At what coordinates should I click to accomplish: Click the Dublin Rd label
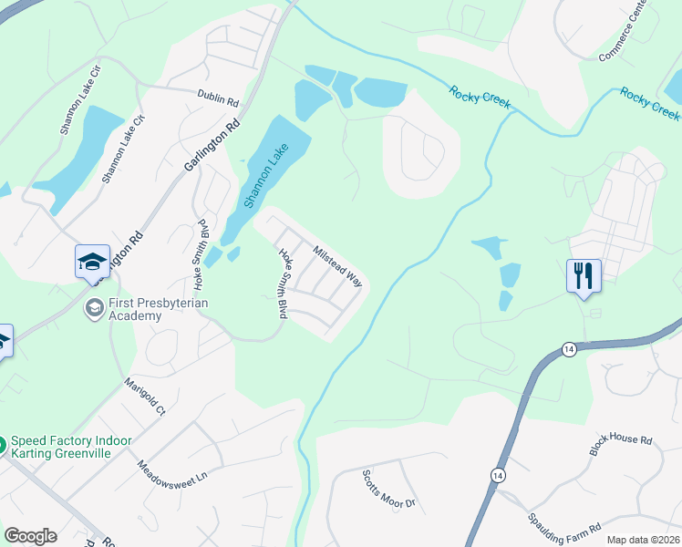click(x=217, y=94)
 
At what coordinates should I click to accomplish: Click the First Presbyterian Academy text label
click(x=135, y=309)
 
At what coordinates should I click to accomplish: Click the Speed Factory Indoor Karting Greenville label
click(x=71, y=448)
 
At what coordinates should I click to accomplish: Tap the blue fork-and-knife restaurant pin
click(x=584, y=275)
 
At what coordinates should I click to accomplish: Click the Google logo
click(x=30, y=536)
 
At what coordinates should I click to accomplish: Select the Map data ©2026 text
click(x=643, y=540)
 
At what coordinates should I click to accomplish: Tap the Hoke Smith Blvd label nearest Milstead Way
click(x=284, y=283)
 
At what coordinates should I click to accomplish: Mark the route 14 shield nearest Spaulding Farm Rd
click(x=497, y=476)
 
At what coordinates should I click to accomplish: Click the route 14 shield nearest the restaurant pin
click(x=569, y=349)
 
